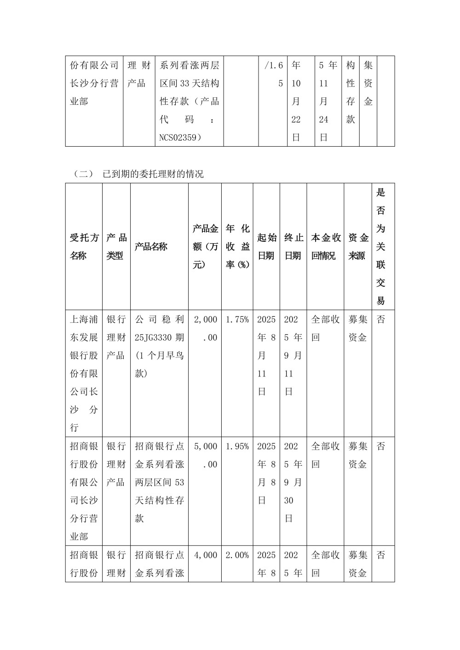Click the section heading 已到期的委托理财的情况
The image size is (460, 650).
tap(153, 174)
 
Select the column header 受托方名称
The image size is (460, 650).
tap(84, 246)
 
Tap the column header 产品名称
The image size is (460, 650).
tap(151, 246)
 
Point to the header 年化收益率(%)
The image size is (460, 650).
tap(237, 246)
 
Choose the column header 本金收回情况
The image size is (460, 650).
tap(326, 246)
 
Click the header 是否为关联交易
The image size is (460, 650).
tap(381, 246)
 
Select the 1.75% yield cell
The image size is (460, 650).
tap(237, 319)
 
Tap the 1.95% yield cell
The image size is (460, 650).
tap(237, 446)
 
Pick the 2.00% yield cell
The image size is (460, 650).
tap(237, 555)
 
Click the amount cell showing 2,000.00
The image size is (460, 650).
tap(205, 328)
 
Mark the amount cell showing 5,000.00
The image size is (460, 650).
tap(205, 455)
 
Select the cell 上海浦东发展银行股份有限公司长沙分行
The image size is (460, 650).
tap(84, 373)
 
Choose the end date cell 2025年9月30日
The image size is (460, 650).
tap(293, 482)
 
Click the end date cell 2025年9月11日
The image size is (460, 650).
tap(293, 355)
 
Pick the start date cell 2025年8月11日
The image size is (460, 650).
tap(266, 355)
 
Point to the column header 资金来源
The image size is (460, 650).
tap(358, 246)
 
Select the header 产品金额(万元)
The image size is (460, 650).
tap(205, 246)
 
